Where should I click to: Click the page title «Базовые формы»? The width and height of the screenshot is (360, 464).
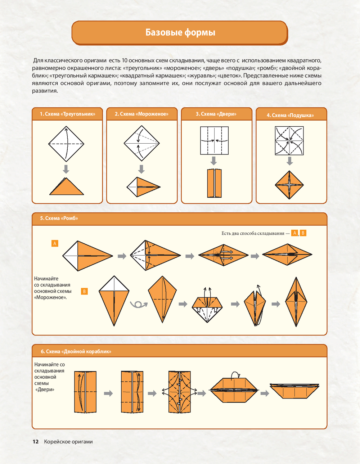[x=180, y=32]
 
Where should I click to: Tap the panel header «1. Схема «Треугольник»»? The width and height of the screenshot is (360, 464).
[x=67, y=114]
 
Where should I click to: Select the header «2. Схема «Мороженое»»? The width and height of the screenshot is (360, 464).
[x=141, y=114]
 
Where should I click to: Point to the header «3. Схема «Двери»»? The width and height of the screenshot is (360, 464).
[x=216, y=114]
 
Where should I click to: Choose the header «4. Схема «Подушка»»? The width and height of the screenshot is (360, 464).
[x=290, y=115]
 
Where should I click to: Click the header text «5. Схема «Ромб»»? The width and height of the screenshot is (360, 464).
[x=59, y=218]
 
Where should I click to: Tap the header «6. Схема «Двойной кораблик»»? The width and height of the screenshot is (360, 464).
[x=76, y=351]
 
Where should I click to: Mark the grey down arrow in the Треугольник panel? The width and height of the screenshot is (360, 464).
[x=66, y=169]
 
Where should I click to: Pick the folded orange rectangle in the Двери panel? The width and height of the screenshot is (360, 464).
[x=214, y=183]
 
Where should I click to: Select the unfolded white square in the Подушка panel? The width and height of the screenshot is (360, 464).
[x=289, y=140]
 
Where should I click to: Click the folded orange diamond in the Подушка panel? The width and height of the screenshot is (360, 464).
[x=289, y=185]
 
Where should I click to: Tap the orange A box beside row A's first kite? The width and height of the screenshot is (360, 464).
[x=55, y=243]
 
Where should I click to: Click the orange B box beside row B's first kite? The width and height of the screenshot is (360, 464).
[x=84, y=291]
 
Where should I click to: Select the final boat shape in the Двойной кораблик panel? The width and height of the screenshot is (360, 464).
[x=294, y=391]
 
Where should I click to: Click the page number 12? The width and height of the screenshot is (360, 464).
[x=35, y=442]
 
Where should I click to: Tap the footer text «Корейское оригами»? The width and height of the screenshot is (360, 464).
[x=68, y=442]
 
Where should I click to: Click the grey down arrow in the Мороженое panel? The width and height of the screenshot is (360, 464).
[x=141, y=169]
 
